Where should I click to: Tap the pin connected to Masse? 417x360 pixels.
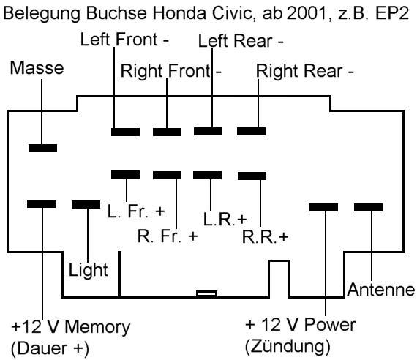pos(42,149)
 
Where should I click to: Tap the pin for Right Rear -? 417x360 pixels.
pos(252,132)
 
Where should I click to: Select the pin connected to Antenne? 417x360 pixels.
pos(369,208)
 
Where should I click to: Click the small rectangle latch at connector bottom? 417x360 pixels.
pos(207,294)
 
